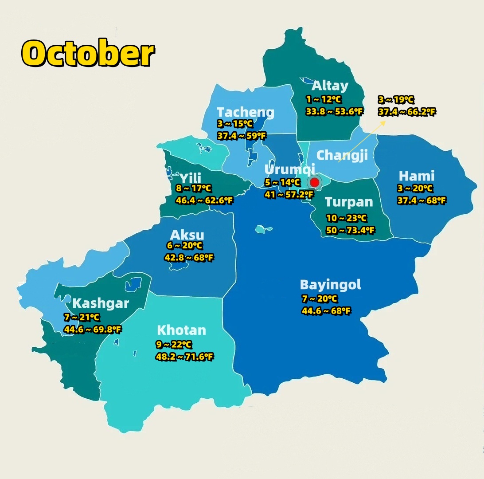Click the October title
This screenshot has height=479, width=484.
coord(88,53)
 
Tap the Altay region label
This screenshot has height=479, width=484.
coord(330,86)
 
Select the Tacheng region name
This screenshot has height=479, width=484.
coord(245,112)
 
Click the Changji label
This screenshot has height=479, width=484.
coord(342,155)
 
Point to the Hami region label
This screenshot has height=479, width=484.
coord(416,176)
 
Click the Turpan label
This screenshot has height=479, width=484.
coord(349,202)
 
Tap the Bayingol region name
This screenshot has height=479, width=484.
coord(330,284)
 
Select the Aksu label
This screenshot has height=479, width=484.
coord(187,235)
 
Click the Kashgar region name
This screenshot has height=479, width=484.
coord(101,303)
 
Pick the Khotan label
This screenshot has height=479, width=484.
coord(181,330)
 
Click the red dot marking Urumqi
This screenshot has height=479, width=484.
coord(315,182)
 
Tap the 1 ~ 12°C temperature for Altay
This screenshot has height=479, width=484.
coord(324,100)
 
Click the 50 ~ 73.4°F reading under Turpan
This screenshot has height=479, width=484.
coord(350,230)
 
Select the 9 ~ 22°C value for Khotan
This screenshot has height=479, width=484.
coord(174,345)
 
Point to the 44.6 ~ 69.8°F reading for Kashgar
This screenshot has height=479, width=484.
coord(93,329)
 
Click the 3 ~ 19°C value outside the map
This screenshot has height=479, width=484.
coord(396,100)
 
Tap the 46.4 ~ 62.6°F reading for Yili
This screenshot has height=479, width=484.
coord(204,200)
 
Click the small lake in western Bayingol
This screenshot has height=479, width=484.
coord(264,229)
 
